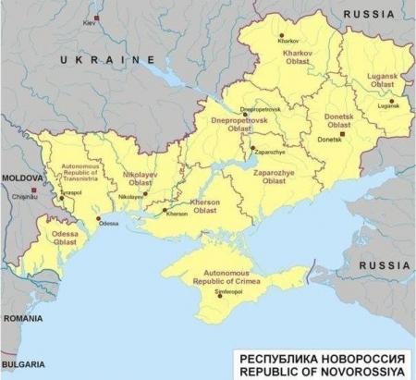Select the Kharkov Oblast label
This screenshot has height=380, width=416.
300,64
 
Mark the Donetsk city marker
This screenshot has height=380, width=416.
342,134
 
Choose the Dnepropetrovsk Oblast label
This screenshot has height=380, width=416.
240,124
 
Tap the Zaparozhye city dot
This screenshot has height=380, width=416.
251,147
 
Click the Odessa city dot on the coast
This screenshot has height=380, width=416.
99,219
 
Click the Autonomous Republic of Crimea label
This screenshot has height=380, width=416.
215,277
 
